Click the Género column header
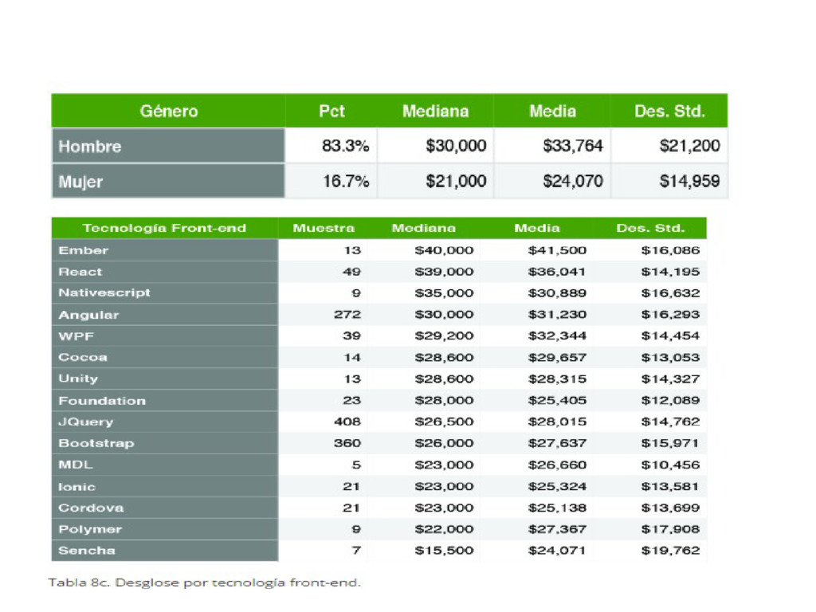point(169,112)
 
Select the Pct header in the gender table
point(331,112)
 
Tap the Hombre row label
point(90,147)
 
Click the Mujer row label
point(80,182)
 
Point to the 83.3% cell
point(346,147)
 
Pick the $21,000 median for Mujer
point(456,182)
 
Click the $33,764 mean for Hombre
point(573,147)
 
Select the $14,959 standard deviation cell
point(689,182)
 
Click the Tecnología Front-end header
point(164,229)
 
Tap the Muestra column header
point(324,229)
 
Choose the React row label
point(80,272)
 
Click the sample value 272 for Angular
point(347,315)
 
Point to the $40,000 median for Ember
point(444,250)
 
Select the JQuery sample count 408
point(347,422)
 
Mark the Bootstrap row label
point(96,443)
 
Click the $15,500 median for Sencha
point(444,550)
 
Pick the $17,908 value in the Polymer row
point(670,529)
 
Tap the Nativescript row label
point(104,293)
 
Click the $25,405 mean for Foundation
point(557,400)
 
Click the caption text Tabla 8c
point(79,583)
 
